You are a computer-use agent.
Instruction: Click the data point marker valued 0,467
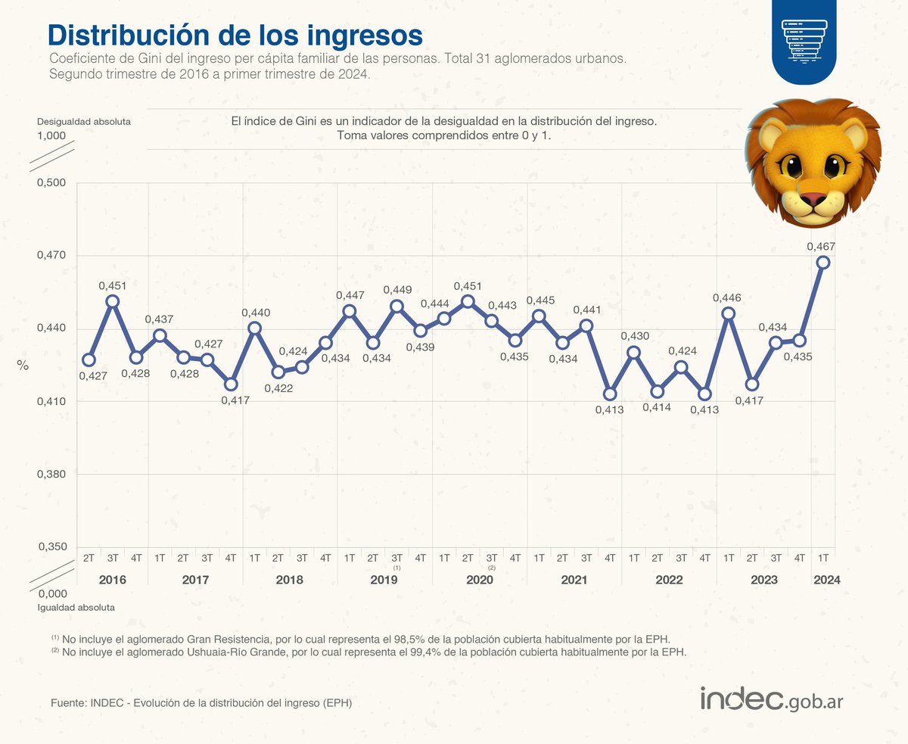tap(823, 263)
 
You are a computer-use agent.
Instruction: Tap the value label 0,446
tap(726, 297)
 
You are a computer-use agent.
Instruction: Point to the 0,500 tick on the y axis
tap(52, 183)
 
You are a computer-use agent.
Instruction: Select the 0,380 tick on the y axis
tap(52, 475)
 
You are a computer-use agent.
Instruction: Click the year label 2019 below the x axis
tap(384, 580)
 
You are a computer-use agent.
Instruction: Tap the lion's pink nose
tap(812, 199)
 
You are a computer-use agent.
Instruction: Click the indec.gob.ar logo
tap(771, 699)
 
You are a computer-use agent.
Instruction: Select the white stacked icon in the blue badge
tap(804, 37)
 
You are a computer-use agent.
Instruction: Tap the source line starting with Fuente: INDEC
tap(201, 703)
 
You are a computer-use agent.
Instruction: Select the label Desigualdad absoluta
tap(84, 121)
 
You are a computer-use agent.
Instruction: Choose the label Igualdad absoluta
tap(76, 607)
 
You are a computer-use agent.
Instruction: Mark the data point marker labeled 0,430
tap(634, 353)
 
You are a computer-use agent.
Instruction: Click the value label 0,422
tap(278, 388)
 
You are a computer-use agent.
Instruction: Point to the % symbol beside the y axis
tap(23, 366)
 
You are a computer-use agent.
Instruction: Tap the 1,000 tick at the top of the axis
tap(51, 135)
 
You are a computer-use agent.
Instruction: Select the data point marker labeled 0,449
tap(396, 307)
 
